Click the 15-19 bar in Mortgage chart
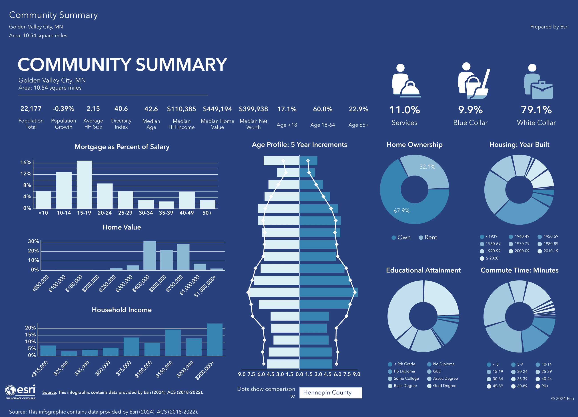(84, 185)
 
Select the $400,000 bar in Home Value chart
(150, 256)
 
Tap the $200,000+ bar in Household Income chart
(214, 340)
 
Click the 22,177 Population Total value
(31, 109)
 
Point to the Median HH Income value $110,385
(181, 109)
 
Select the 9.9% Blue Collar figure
(470, 110)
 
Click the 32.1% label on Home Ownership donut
(427, 167)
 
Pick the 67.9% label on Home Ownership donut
(401, 211)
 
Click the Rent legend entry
(428, 238)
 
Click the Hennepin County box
(331, 393)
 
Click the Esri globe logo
(11, 390)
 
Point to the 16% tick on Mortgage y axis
(26, 163)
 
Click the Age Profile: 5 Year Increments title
(299, 145)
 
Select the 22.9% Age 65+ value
(358, 109)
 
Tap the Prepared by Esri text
(549, 27)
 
